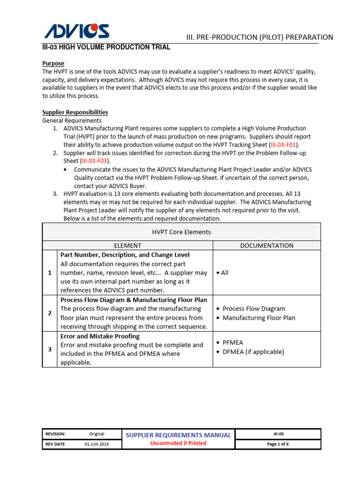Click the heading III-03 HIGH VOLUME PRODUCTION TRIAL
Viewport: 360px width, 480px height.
pos(106,47)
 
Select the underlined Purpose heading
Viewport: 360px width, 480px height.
pos(53,63)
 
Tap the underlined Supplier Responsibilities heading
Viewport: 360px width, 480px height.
pos(75,112)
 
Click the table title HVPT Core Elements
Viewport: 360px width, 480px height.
pos(181,232)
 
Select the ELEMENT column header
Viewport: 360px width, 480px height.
pos(127,245)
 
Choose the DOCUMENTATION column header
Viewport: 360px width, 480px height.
pos(267,245)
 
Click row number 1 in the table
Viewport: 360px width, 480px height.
pos(50,273)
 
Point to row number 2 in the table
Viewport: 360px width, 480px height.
pos(50,313)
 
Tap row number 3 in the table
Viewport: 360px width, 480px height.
pos(50,349)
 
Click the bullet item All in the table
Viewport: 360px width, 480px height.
pos(222,273)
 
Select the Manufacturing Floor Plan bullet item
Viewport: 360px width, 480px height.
pos(259,318)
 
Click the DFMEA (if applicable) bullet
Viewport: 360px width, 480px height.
pos(253,352)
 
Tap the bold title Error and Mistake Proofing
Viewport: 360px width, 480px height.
pos(100,336)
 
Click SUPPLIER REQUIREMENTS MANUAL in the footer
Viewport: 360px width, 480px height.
pos(178,435)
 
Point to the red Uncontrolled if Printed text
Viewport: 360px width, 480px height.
pos(178,443)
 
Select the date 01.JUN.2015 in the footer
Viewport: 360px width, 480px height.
pos(97,444)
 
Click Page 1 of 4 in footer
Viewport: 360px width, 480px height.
pos(277,444)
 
